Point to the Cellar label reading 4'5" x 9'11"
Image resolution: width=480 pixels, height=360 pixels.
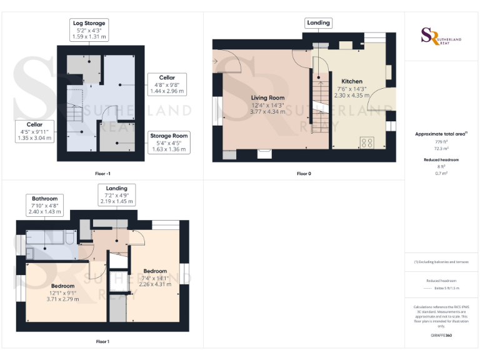coord(34,132)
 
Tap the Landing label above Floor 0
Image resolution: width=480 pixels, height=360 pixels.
coord(317,23)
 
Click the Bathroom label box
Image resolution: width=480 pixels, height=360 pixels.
coord(45,206)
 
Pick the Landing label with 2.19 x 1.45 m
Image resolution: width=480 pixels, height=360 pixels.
coord(116,195)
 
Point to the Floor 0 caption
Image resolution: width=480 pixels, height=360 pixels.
coord(304,173)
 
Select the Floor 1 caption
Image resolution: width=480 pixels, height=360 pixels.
coord(102,341)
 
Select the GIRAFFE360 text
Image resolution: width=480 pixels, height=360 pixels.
coord(441,336)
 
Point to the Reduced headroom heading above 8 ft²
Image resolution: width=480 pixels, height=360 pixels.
coord(442,160)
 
